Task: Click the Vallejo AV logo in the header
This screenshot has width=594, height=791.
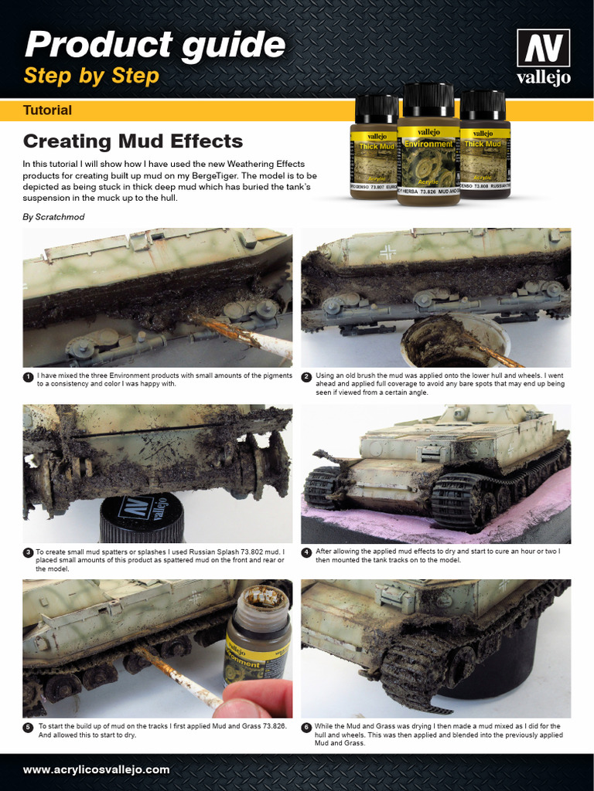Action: coord(544,58)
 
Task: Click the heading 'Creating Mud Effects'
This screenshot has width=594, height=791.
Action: coord(133,141)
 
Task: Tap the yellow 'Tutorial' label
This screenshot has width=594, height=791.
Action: coord(48,110)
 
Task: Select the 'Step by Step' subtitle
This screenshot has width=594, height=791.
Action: coord(91,76)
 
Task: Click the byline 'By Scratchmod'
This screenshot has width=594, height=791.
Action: coord(53,217)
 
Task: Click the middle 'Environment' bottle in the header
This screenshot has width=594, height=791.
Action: coord(428,147)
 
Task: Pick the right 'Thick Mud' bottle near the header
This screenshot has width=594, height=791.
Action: coord(484,147)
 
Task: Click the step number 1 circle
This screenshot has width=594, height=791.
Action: coord(28,377)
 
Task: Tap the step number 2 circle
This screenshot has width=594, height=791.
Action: coord(306,377)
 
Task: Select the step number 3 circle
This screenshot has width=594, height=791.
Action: coord(28,553)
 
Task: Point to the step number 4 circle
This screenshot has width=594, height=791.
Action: coord(306,553)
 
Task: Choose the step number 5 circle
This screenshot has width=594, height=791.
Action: coord(28,728)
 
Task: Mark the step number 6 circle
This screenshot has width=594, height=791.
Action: coord(306,728)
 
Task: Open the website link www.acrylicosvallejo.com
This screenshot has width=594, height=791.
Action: coord(96,770)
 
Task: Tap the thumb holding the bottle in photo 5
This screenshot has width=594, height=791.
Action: coord(252,698)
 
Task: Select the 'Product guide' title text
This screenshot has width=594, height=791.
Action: coord(155,45)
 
